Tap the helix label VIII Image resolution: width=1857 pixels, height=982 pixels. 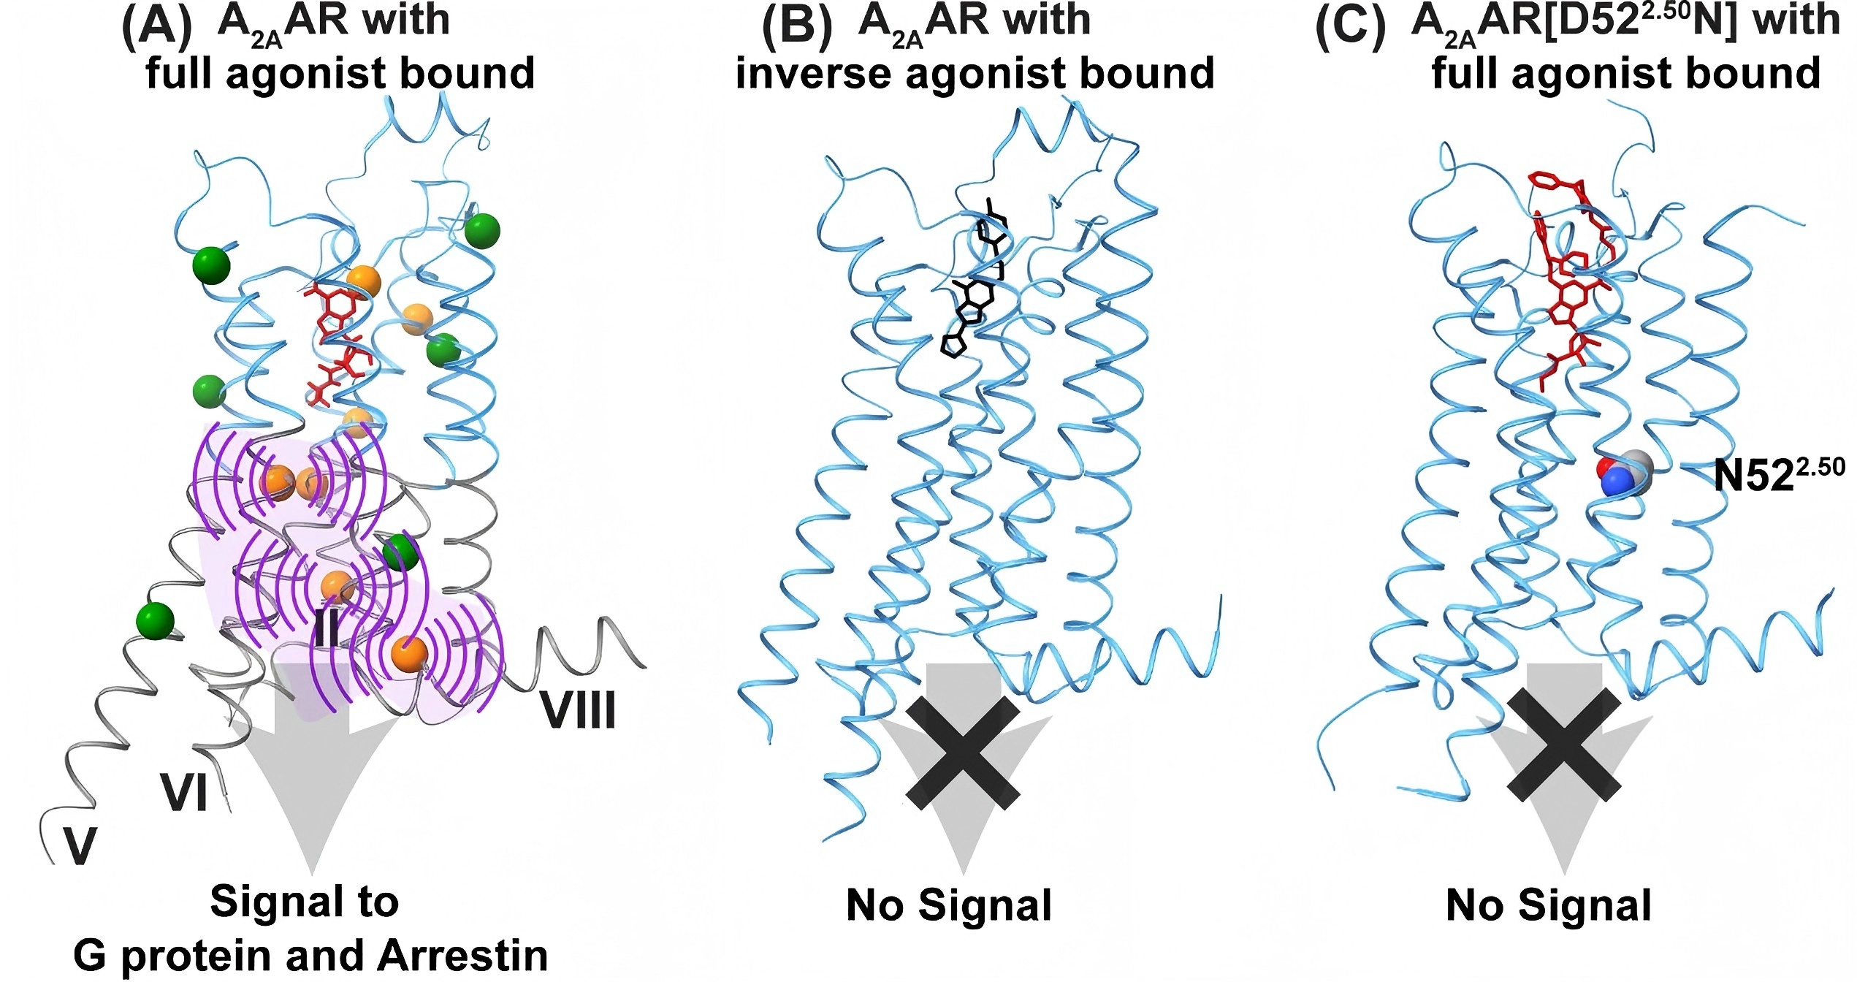pos(578,709)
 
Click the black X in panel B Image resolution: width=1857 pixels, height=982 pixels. pos(962,753)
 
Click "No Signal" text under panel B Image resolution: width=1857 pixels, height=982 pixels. pos(948,905)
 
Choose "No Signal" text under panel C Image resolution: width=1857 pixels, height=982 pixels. pos(1549,905)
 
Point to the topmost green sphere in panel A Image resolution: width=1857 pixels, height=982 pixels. pos(482,231)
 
